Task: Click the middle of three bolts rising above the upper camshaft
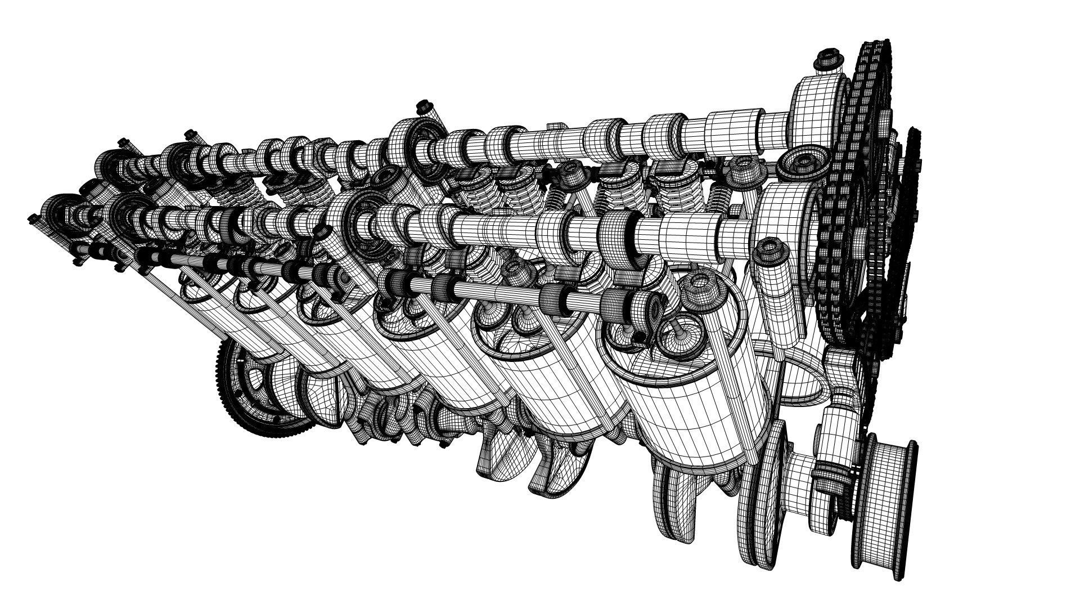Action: coord(423,105)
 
